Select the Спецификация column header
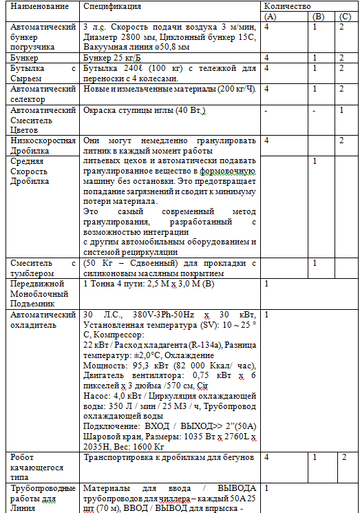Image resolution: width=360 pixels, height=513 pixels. click(112, 6)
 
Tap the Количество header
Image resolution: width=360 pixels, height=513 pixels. click(287, 6)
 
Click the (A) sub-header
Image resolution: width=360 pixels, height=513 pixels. click(270, 15)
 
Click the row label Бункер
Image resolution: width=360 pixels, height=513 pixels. click(25, 58)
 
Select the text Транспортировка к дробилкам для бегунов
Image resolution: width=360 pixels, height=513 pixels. click(168, 457)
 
